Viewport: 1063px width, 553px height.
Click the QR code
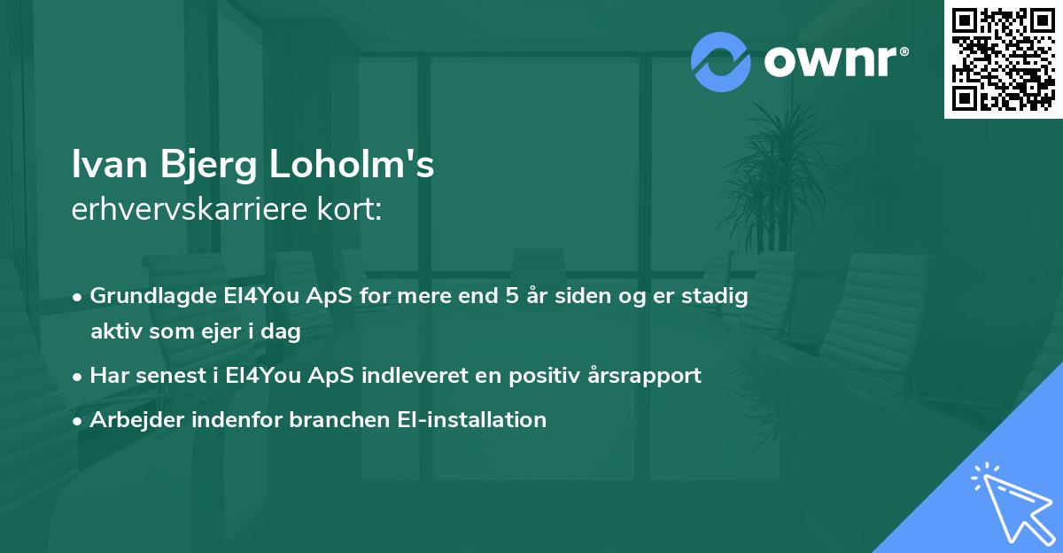(x=1003, y=59)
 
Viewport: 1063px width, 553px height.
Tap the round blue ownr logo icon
(x=721, y=62)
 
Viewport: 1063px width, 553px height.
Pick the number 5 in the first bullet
(x=511, y=296)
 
